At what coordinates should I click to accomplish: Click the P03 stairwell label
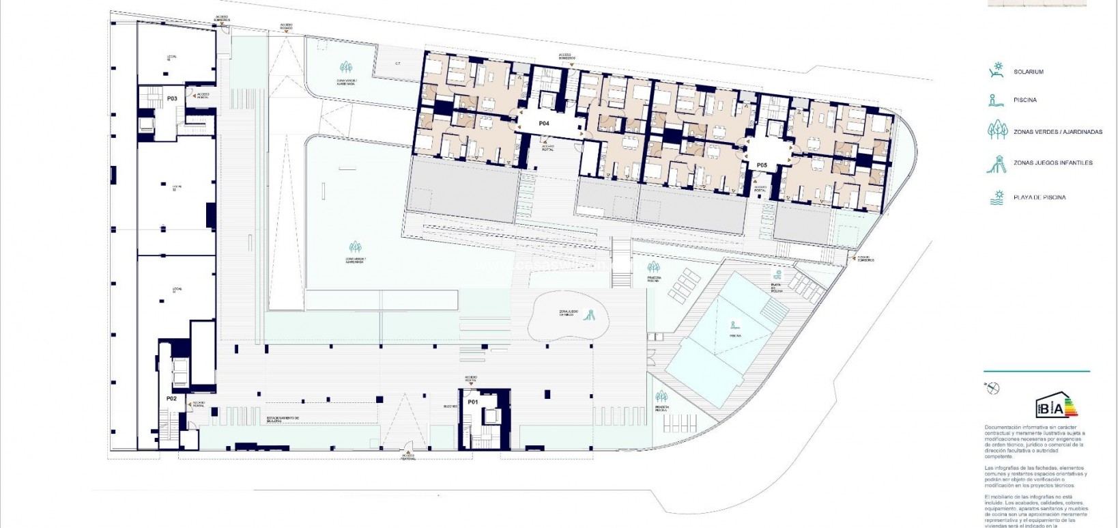[x=172, y=98]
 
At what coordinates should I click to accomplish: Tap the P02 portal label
[x=172, y=398]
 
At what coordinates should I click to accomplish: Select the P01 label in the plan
[x=472, y=402]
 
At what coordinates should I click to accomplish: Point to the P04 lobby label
[x=544, y=124]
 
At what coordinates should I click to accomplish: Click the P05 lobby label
[x=762, y=165]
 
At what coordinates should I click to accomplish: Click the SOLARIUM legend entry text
[x=1029, y=72]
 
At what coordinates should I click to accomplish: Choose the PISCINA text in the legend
[x=1025, y=100]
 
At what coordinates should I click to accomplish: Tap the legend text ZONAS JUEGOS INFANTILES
[x=1053, y=163]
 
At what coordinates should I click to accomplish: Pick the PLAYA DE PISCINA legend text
[x=1040, y=198]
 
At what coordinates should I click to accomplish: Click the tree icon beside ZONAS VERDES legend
[x=998, y=130]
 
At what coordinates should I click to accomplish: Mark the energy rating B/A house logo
[x=1055, y=406]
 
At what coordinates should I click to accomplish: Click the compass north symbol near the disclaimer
[x=992, y=388]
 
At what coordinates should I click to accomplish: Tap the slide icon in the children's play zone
[x=591, y=315]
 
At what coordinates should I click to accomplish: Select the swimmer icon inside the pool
[x=734, y=325]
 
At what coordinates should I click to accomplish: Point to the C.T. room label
[x=398, y=64]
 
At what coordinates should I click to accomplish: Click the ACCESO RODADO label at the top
[x=286, y=27]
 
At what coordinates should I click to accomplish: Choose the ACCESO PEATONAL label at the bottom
[x=407, y=457]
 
